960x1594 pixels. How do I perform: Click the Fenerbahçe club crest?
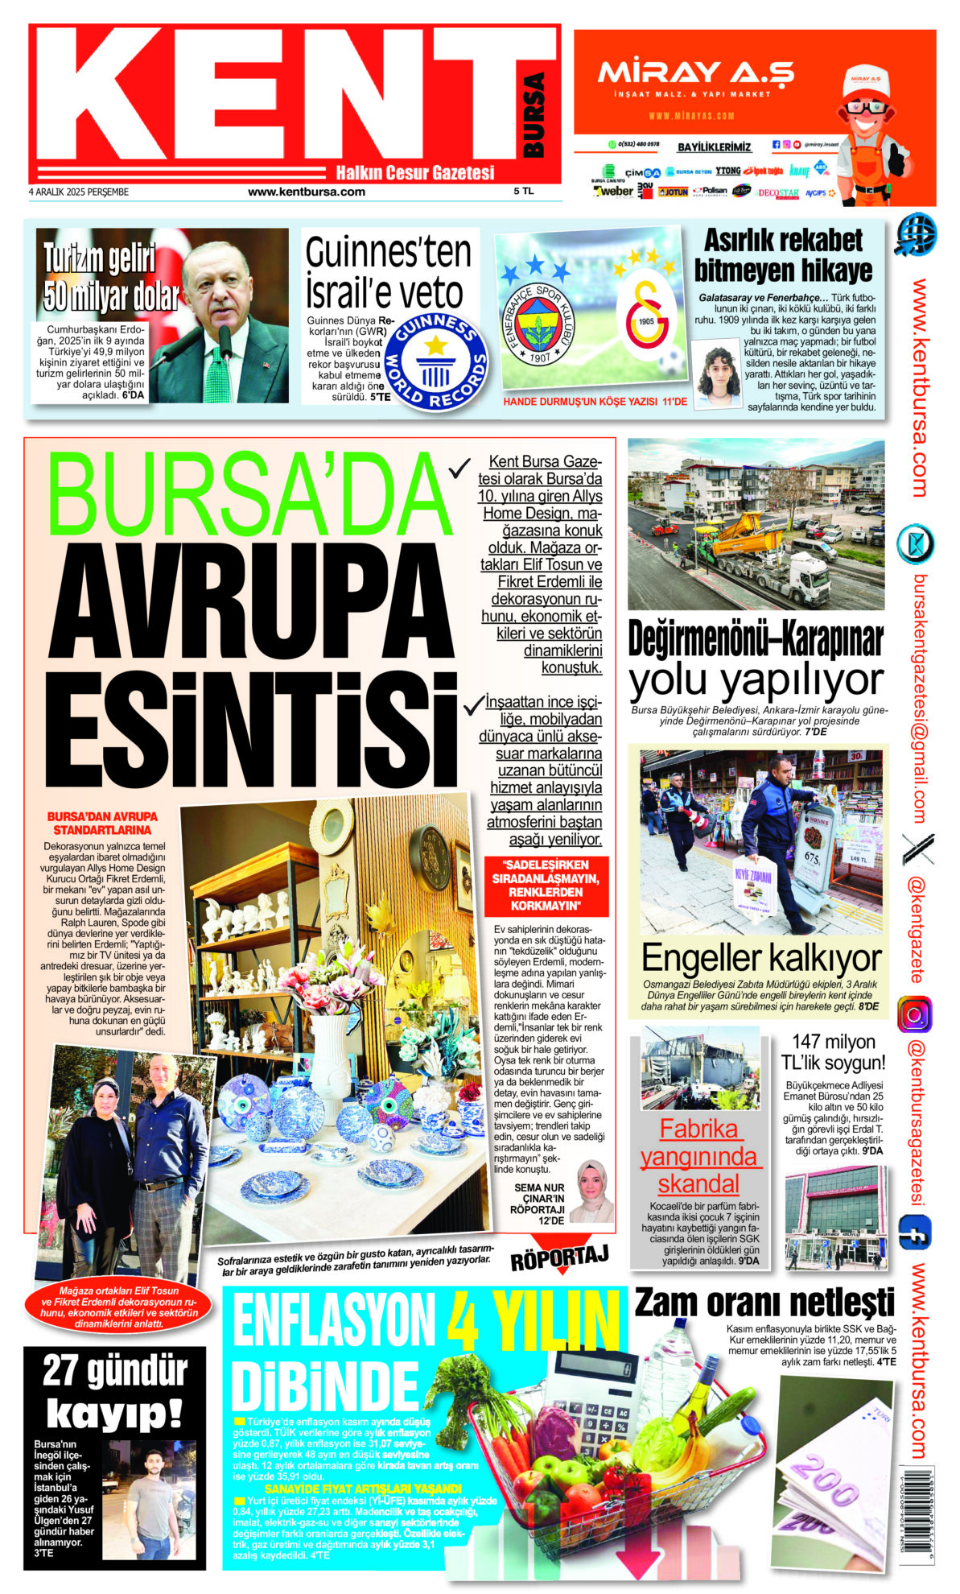538,326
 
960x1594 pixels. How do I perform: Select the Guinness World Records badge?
436,361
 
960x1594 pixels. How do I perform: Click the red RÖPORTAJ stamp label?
559,1257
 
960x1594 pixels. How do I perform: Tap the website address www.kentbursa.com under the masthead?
306,192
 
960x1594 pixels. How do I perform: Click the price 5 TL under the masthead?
523,192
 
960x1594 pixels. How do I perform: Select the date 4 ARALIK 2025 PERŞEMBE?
79,192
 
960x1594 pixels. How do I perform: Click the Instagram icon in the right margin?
914,1014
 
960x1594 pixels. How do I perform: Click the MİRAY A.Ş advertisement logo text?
695,73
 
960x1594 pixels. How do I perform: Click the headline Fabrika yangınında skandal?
698,1156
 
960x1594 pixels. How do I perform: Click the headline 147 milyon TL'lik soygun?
833,1052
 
